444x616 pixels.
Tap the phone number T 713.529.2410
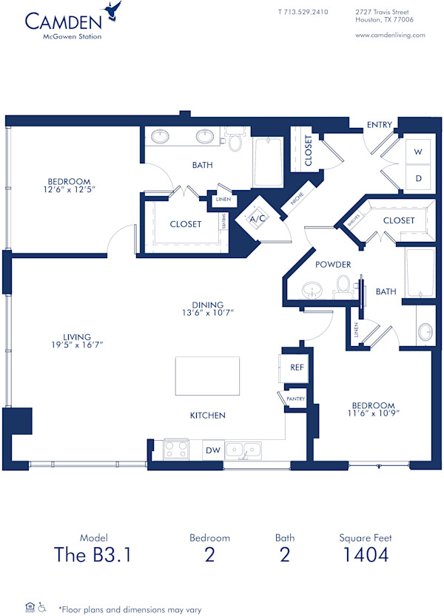[303, 12]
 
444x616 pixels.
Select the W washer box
[418, 151]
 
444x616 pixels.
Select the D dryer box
[418, 178]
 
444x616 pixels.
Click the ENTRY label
[380, 125]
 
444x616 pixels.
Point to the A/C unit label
[258, 220]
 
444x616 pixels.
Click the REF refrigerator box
[297, 367]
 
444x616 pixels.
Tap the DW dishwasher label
[213, 450]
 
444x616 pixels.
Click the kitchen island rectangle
[207, 376]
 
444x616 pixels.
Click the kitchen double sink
[243, 449]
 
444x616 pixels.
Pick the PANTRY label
[296, 399]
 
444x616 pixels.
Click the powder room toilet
[343, 284]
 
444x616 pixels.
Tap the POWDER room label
[333, 265]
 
